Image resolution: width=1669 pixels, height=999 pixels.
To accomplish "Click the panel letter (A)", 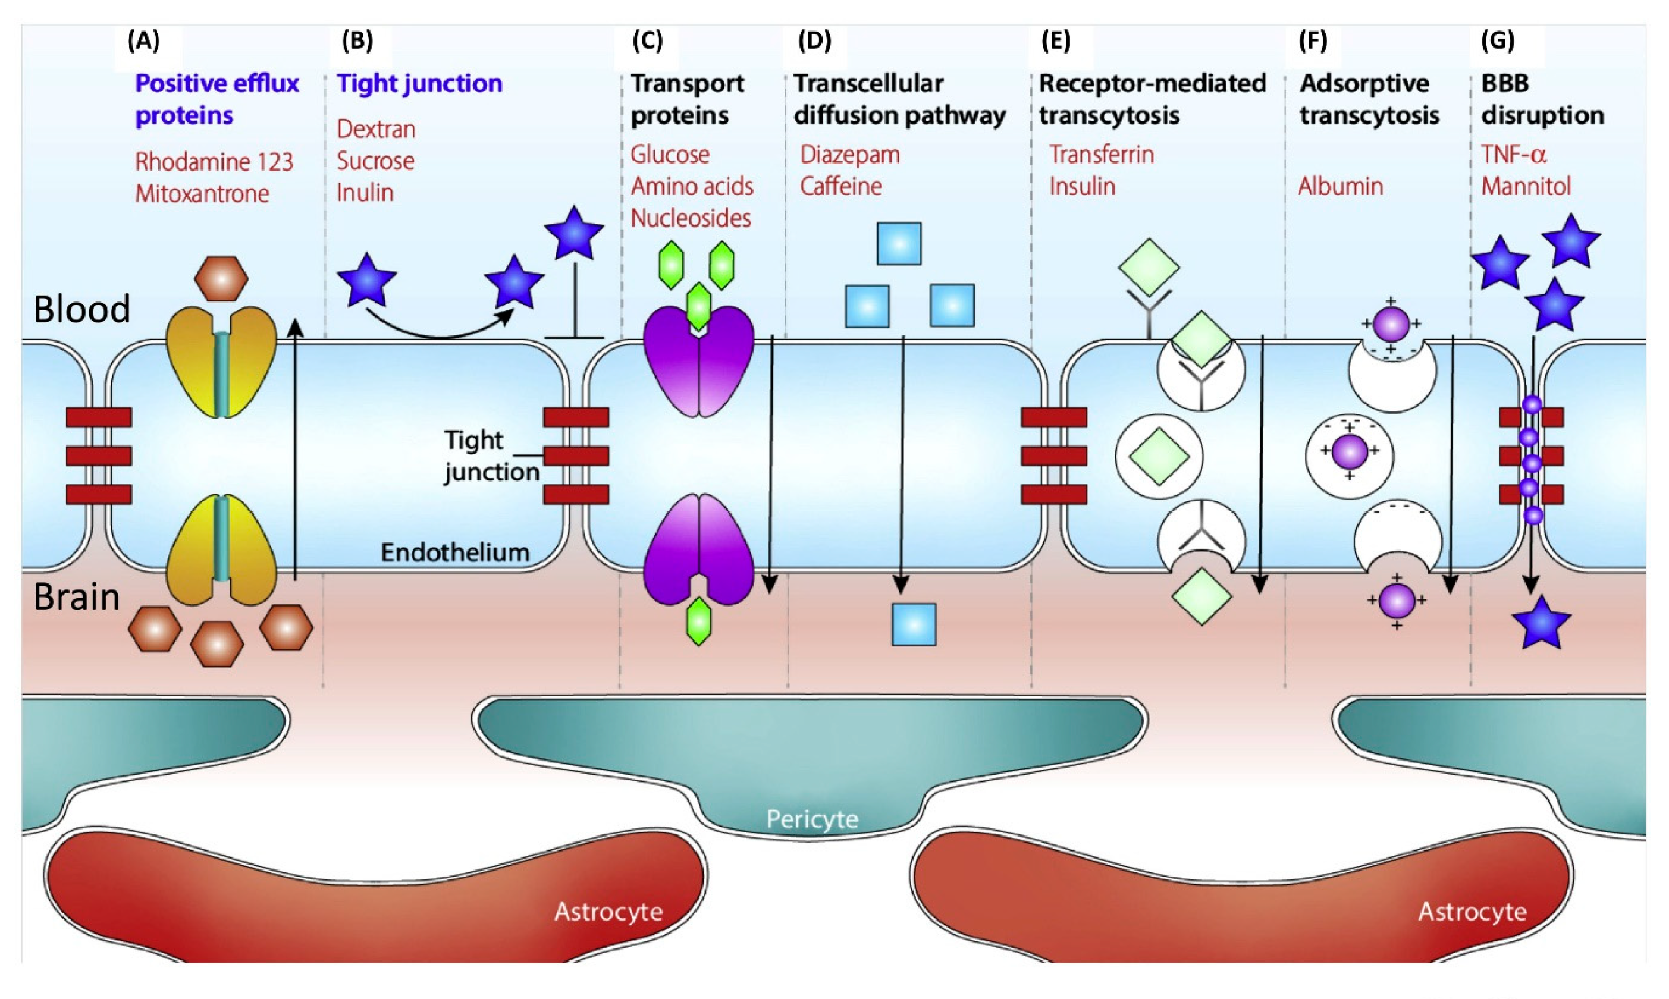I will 144,41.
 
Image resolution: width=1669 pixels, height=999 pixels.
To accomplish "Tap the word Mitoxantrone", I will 202,194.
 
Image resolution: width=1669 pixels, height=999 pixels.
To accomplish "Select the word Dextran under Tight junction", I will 376,129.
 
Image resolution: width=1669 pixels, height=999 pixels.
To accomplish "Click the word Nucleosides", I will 691,218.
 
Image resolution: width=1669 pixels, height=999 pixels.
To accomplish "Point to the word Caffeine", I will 840,187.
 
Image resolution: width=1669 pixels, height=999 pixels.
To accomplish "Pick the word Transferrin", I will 1102,155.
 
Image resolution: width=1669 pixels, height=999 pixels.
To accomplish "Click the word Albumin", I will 1339,187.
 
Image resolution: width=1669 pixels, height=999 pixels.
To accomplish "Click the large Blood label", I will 81,310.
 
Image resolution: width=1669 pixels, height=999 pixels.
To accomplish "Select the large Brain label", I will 77,597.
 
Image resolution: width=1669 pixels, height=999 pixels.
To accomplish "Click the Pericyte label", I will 812,819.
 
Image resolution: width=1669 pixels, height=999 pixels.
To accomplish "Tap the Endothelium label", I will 455,552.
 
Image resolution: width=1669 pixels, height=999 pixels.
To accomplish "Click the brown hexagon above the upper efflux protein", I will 221,278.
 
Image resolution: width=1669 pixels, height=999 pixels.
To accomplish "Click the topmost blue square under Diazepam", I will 899,244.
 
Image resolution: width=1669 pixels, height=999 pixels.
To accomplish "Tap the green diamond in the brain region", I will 1201,597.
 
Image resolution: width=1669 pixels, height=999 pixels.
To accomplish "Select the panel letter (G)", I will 1497,41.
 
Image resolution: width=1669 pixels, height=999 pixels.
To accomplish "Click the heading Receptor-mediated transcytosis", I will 1152,99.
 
